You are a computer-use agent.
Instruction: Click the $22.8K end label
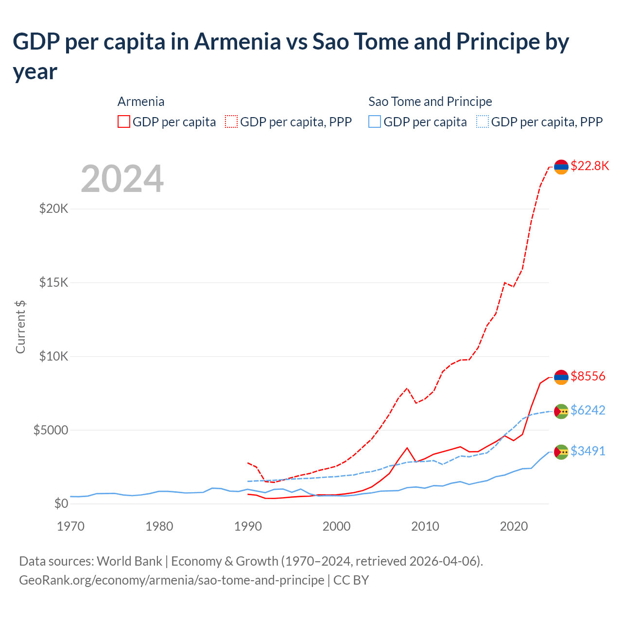(589, 166)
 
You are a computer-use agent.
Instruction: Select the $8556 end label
(587, 377)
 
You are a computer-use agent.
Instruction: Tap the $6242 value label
(587, 411)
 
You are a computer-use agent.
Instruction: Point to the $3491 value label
(587, 451)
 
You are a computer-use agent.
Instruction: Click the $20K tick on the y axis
(54, 209)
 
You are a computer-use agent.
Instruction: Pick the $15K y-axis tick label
(54, 283)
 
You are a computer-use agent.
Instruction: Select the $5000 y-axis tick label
(51, 431)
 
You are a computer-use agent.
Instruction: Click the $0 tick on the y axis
(61, 504)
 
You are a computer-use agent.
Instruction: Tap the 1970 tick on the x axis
(71, 526)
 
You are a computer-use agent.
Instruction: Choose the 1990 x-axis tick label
(248, 526)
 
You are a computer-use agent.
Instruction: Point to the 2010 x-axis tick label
(425, 526)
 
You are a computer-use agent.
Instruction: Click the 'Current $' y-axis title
(20, 327)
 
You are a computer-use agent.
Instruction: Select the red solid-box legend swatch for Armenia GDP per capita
(124, 121)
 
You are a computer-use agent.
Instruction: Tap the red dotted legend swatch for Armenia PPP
(231, 121)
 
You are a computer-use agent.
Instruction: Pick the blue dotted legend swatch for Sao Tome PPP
(483, 121)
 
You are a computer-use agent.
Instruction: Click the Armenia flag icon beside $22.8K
(561, 167)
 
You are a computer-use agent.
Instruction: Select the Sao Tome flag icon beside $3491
(561, 452)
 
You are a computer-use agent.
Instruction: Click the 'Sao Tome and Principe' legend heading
(430, 102)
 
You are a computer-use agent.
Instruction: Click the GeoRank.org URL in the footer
(172, 580)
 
